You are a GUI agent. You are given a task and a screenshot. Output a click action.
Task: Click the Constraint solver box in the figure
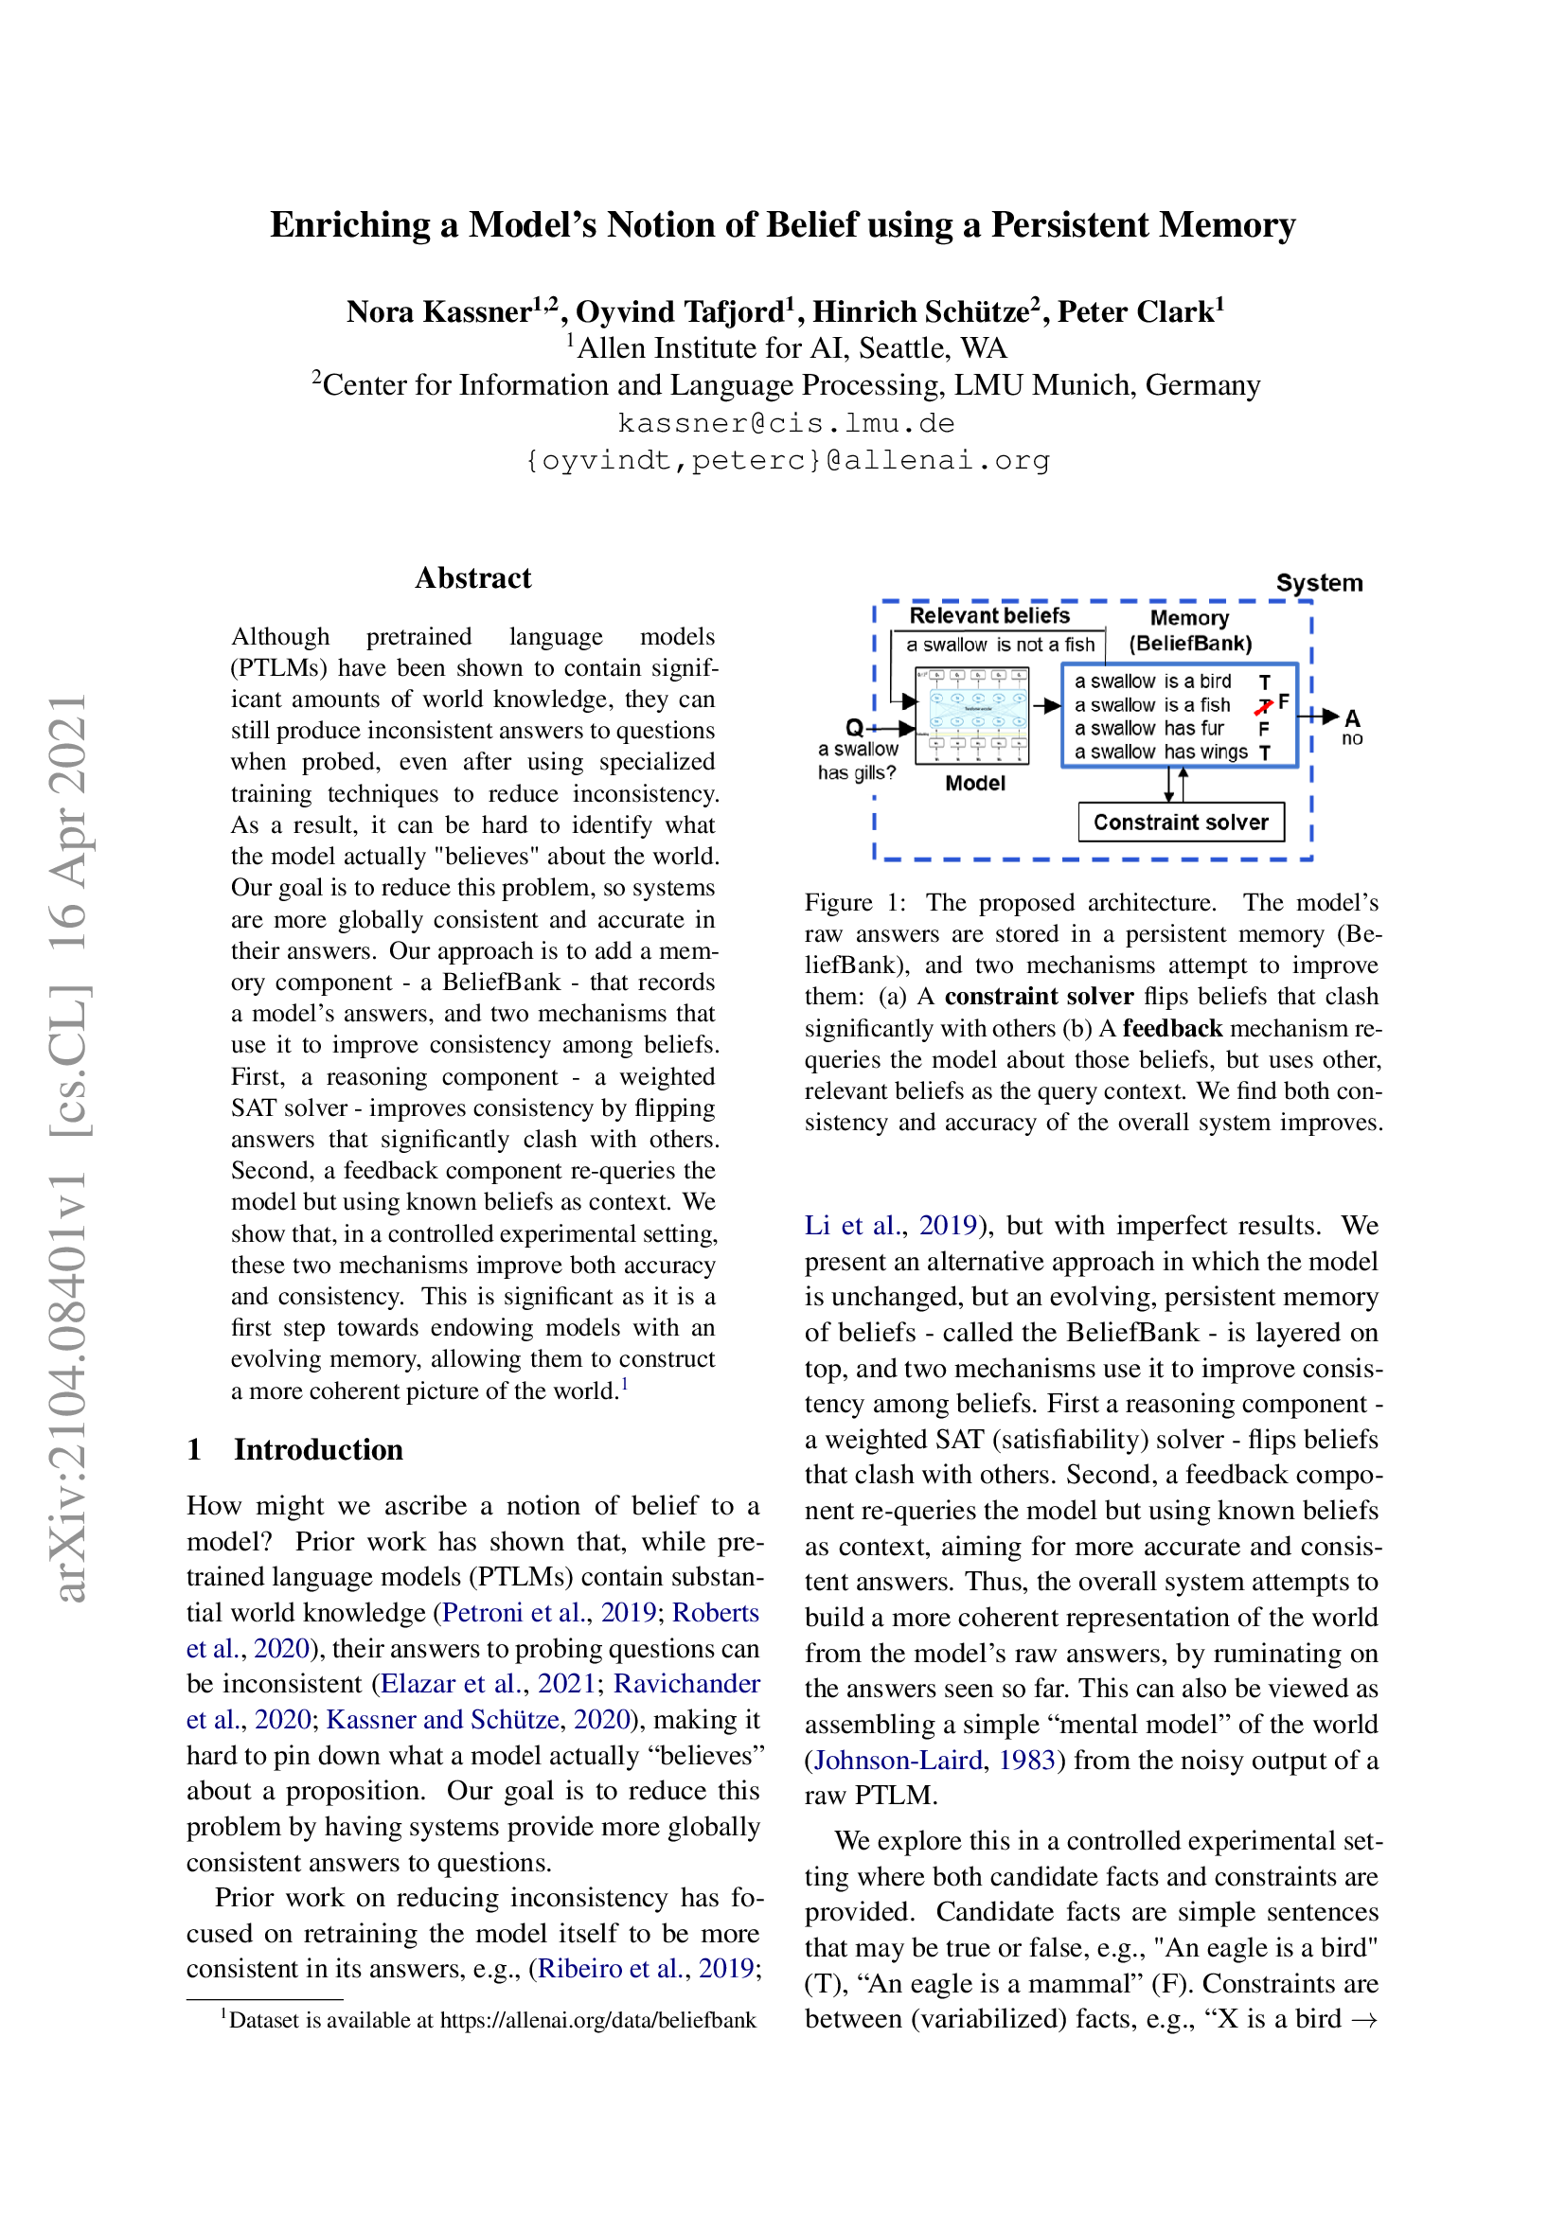pyautogui.click(x=1181, y=822)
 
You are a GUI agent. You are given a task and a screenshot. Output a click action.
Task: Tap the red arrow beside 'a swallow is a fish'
pyautogui.click(x=1263, y=707)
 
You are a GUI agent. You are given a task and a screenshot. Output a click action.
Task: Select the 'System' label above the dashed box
pyautogui.click(x=1319, y=582)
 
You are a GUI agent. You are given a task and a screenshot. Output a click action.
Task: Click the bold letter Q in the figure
pyautogui.click(x=853, y=727)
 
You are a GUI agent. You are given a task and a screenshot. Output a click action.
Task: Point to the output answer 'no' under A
pyautogui.click(x=1352, y=738)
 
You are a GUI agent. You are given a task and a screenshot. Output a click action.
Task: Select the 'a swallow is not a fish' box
pyautogui.click(x=1000, y=645)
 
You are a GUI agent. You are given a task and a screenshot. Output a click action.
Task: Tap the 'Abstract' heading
pyautogui.click(x=472, y=577)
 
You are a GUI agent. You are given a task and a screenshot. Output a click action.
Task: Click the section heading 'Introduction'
pyautogui.click(x=317, y=1449)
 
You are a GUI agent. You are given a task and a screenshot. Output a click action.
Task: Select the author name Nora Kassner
pyautogui.click(x=438, y=311)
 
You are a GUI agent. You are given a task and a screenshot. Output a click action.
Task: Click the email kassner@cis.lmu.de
pyautogui.click(x=786, y=423)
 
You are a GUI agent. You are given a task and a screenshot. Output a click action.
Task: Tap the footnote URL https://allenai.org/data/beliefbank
pyautogui.click(x=597, y=2019)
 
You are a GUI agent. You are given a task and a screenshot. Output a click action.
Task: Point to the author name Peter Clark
pyautogui.click(x=1141, y=311)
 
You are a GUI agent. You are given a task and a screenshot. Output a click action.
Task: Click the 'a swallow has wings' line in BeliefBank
pyautogui.click(x=1160, y=752)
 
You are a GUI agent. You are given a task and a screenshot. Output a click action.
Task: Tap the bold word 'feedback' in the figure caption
pyautogui.click(x=1171, y=1028)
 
